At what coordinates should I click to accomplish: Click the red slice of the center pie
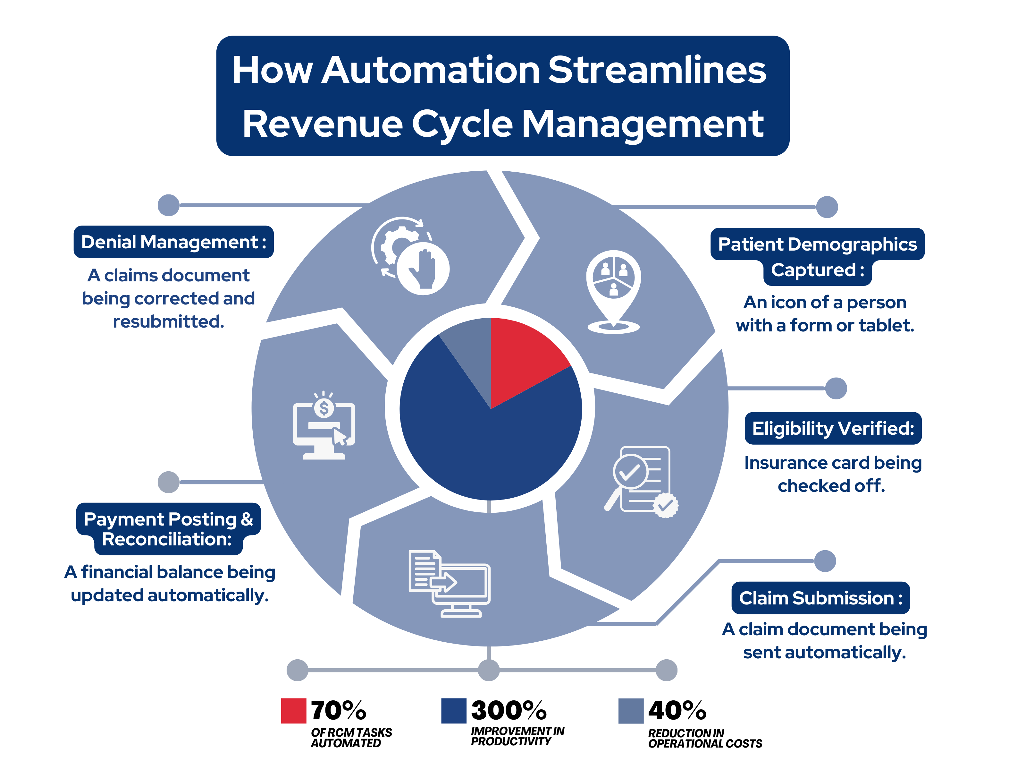pos(522,357)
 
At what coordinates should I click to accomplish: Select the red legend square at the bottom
pos(294,711)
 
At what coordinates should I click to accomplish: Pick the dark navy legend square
pos(454,711)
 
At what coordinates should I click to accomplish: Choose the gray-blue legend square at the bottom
pos(631,711)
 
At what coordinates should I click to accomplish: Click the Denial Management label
pos(173,242)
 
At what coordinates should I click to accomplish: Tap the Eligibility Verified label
pos(833,428)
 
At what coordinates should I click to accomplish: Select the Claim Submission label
pos(820,598)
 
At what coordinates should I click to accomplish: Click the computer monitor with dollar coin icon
pos(324,426)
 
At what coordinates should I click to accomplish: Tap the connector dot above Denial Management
pos(168,205)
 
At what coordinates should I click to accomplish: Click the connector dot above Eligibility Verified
pos(836,388)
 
